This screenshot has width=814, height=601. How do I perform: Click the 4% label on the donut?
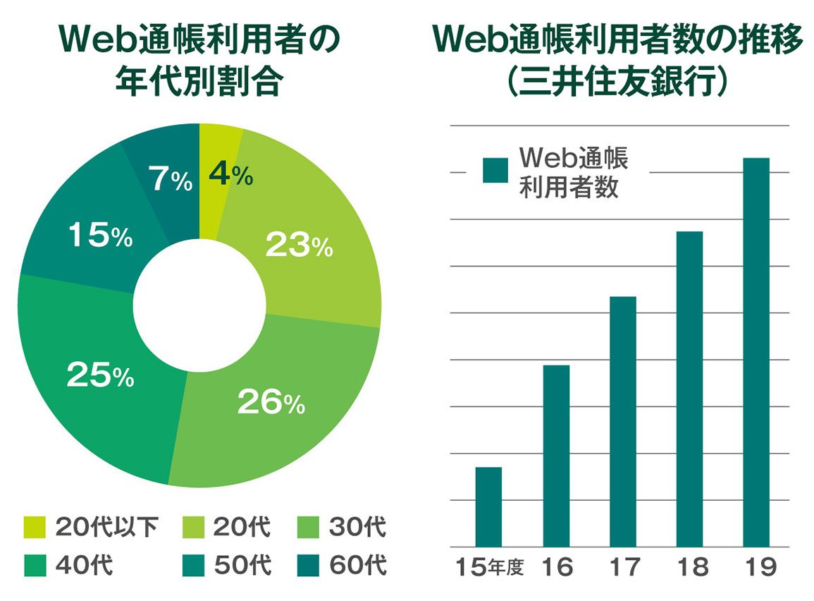[x=231, y=174]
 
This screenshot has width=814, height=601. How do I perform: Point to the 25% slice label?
[x=100, y=375]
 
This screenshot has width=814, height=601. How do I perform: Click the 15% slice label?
[x=100, y=236]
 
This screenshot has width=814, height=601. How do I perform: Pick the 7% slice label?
[x=170, y=181]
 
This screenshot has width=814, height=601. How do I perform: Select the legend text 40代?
[x=83, y=566]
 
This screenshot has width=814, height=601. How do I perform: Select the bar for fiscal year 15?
[x=488, y=506]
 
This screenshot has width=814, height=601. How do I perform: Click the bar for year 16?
[x=556, y=456]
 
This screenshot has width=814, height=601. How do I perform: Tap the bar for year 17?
[x=623, y=421]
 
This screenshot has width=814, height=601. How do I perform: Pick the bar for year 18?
[x=689, y=389]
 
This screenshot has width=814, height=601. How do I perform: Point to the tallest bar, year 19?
[x=756, y=352]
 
